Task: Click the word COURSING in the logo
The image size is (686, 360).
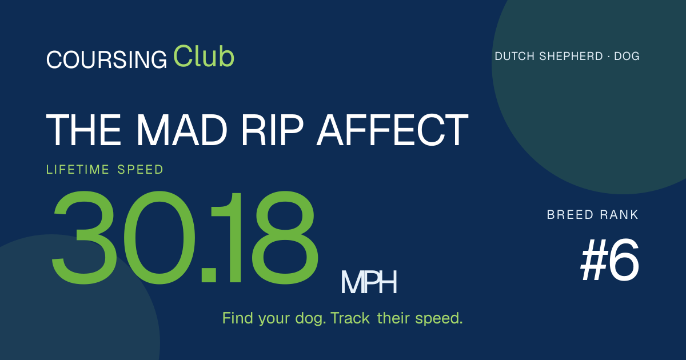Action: point(106,59)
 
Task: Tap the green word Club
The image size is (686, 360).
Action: point(204,56)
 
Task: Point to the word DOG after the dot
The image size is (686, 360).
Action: point(627,57)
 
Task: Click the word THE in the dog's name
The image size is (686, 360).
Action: point(83,130)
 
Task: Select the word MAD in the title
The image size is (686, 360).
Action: point(181,130)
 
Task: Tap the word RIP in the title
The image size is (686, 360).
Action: point(273,130)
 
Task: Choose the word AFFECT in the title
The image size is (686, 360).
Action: point(392,130)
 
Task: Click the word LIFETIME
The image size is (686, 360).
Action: point(78,170)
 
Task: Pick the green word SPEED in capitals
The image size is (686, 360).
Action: point(140,170)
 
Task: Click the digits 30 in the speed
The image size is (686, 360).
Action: point(123,238)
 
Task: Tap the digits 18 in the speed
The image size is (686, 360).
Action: point(265,238)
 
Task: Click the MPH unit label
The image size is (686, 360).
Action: point(369,282)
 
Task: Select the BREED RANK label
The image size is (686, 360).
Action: point(593,215)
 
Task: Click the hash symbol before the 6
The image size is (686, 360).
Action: point(594,260)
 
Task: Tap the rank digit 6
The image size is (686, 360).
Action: point(624,260)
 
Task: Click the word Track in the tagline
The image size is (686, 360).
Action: point(350,318)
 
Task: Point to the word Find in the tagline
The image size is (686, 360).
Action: point(238,318)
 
